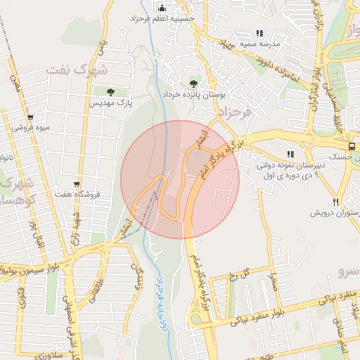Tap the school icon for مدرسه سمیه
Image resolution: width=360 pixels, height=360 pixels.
click(259, 32)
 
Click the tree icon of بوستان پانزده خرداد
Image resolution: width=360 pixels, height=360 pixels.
click(193, 83)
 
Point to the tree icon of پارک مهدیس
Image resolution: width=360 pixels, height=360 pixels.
click(110, 91)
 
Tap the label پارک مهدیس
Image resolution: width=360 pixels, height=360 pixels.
click(110, 103)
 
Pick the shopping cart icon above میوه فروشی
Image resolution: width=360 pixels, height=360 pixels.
click(30, 117)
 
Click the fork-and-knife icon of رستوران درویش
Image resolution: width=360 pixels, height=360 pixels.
click(336, 201)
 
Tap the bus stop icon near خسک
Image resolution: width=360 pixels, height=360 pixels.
click(352, 146)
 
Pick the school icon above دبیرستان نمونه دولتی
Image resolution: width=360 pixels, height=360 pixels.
click(290, 154)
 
